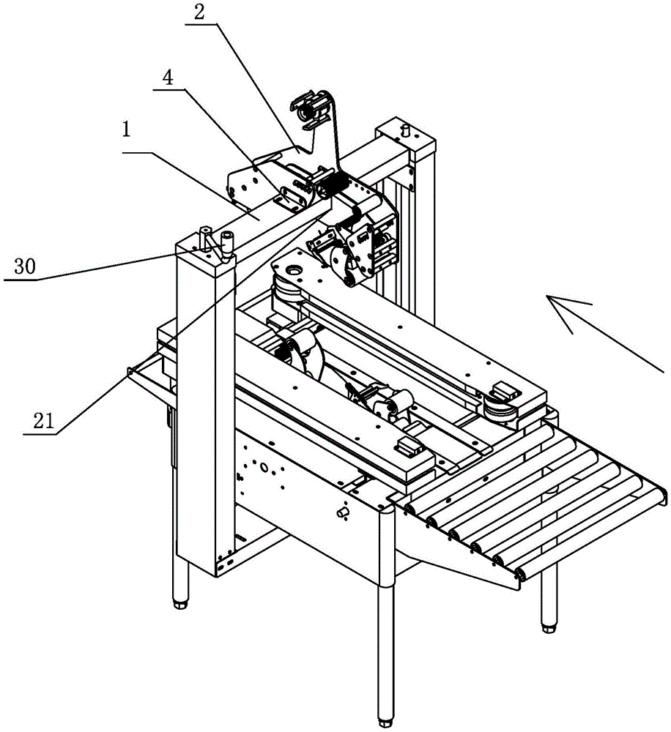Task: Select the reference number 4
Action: pos(168,78)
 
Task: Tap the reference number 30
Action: pos(25,268)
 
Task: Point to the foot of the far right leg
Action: pos(547,627)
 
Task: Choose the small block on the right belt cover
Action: pos(505,387)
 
